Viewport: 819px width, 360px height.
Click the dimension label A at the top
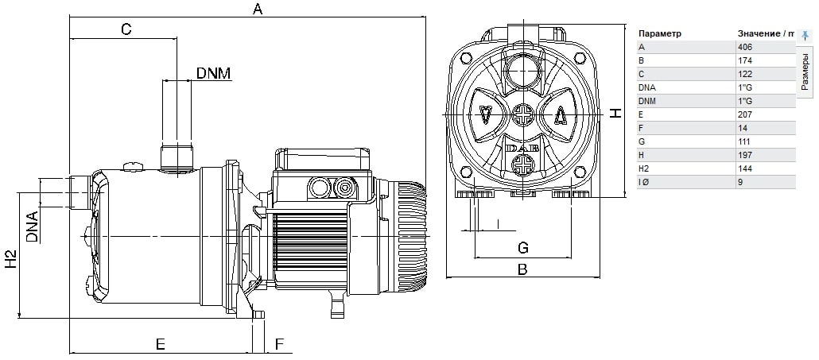257,9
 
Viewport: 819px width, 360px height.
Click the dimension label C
126,29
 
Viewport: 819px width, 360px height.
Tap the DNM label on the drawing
214,73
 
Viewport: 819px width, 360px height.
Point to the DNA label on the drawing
33,227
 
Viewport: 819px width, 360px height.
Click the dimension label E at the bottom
161,344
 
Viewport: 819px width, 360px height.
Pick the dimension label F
279,344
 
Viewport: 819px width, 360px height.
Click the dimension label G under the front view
523,248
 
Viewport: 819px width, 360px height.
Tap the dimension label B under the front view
522,269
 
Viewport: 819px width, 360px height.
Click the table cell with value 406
745,47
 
